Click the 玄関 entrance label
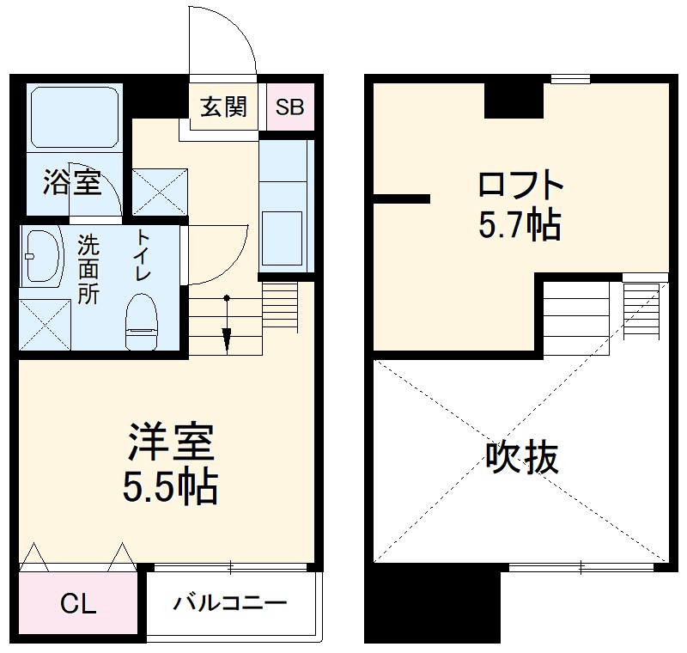click(223, 107)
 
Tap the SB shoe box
click(289, 108)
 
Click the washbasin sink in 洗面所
click(42, 255)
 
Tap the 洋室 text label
click(170, 444)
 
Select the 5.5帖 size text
click(170, 487)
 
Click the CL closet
click(77, 604)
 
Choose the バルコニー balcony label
click(230, 603)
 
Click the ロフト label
click(520, 186)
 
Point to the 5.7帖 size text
click(520, 226)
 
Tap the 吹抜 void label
click(522, 458)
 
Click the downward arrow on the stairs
click(227, 339)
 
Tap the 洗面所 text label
click(88, 269)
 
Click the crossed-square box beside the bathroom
click(159, 191)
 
